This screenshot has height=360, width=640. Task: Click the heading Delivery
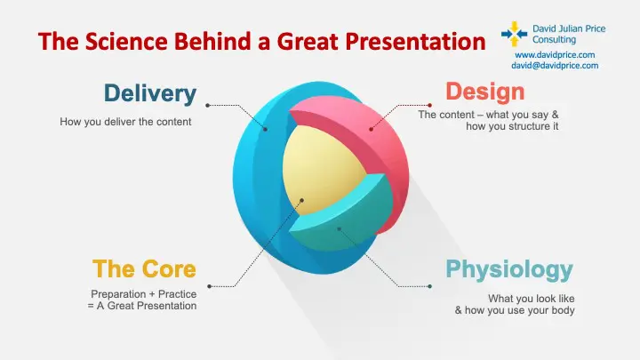tap(149, 92)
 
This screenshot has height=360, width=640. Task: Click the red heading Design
tap(484, 92)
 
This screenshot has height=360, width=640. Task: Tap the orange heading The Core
tap(144, 268)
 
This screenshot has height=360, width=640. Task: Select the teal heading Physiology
tap(509, 268)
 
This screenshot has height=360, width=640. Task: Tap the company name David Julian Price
tap(569, 28)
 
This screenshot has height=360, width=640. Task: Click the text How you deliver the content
tap(125, 122)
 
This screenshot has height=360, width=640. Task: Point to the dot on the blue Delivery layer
tap(265, 129)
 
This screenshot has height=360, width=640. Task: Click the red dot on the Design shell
tap(370, 130)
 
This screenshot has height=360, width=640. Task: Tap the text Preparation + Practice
tap(143, 293)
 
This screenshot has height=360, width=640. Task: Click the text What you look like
tap(532, 298)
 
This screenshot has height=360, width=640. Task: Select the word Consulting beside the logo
tap(553, 39)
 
